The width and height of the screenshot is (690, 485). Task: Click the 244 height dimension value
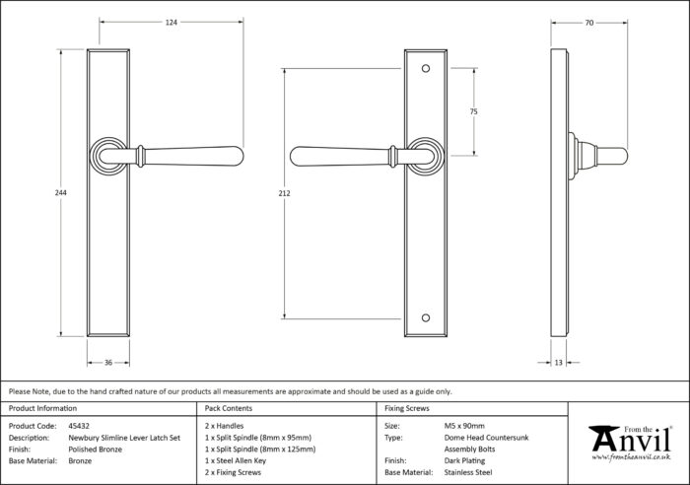click(x=61, y=193)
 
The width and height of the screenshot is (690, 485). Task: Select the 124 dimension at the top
click(x=172, y=23)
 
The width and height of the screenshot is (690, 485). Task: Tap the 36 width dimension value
click(x=108, y=363)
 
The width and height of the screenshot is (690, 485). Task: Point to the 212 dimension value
click(x=284, y=193)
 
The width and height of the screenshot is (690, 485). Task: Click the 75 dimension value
click(x=473, y=111)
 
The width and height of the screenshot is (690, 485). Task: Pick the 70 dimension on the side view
click(x=589, y=23)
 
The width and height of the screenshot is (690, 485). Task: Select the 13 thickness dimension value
click(x=559, y=363)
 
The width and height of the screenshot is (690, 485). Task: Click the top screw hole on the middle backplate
click(x=426, y=69)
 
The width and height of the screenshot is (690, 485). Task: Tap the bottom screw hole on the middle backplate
click(x=426, y=317)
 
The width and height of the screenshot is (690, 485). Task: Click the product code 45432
click(x=79, y=426)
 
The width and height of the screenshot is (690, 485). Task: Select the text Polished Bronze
click(x=95, y=450)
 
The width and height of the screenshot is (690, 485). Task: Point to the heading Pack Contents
click(x=229, y=408)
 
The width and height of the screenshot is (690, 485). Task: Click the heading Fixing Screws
click(x=407, y=408)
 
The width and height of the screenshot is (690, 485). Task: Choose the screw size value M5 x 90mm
click(x=464, y=426)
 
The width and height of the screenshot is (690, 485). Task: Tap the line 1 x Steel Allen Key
click(x=236, y=460)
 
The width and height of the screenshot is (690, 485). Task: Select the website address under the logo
click(x=631, y=457)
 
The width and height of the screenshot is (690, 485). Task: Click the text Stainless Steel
click(x=468, y=472)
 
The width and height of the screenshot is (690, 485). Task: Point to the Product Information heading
click(x=42, y=408)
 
